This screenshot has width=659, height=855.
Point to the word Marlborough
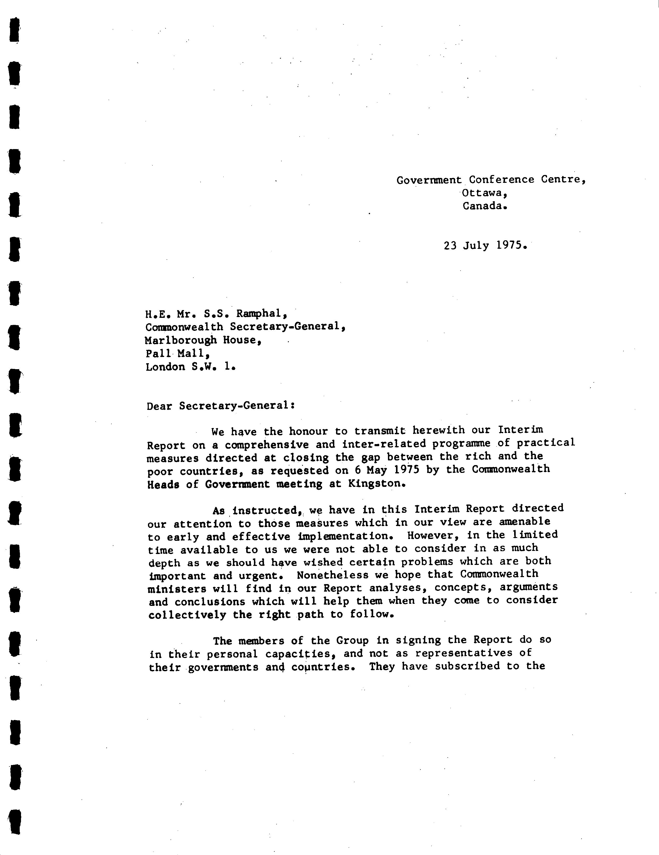click(181, 340)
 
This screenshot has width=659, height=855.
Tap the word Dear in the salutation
click(159, 406)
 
